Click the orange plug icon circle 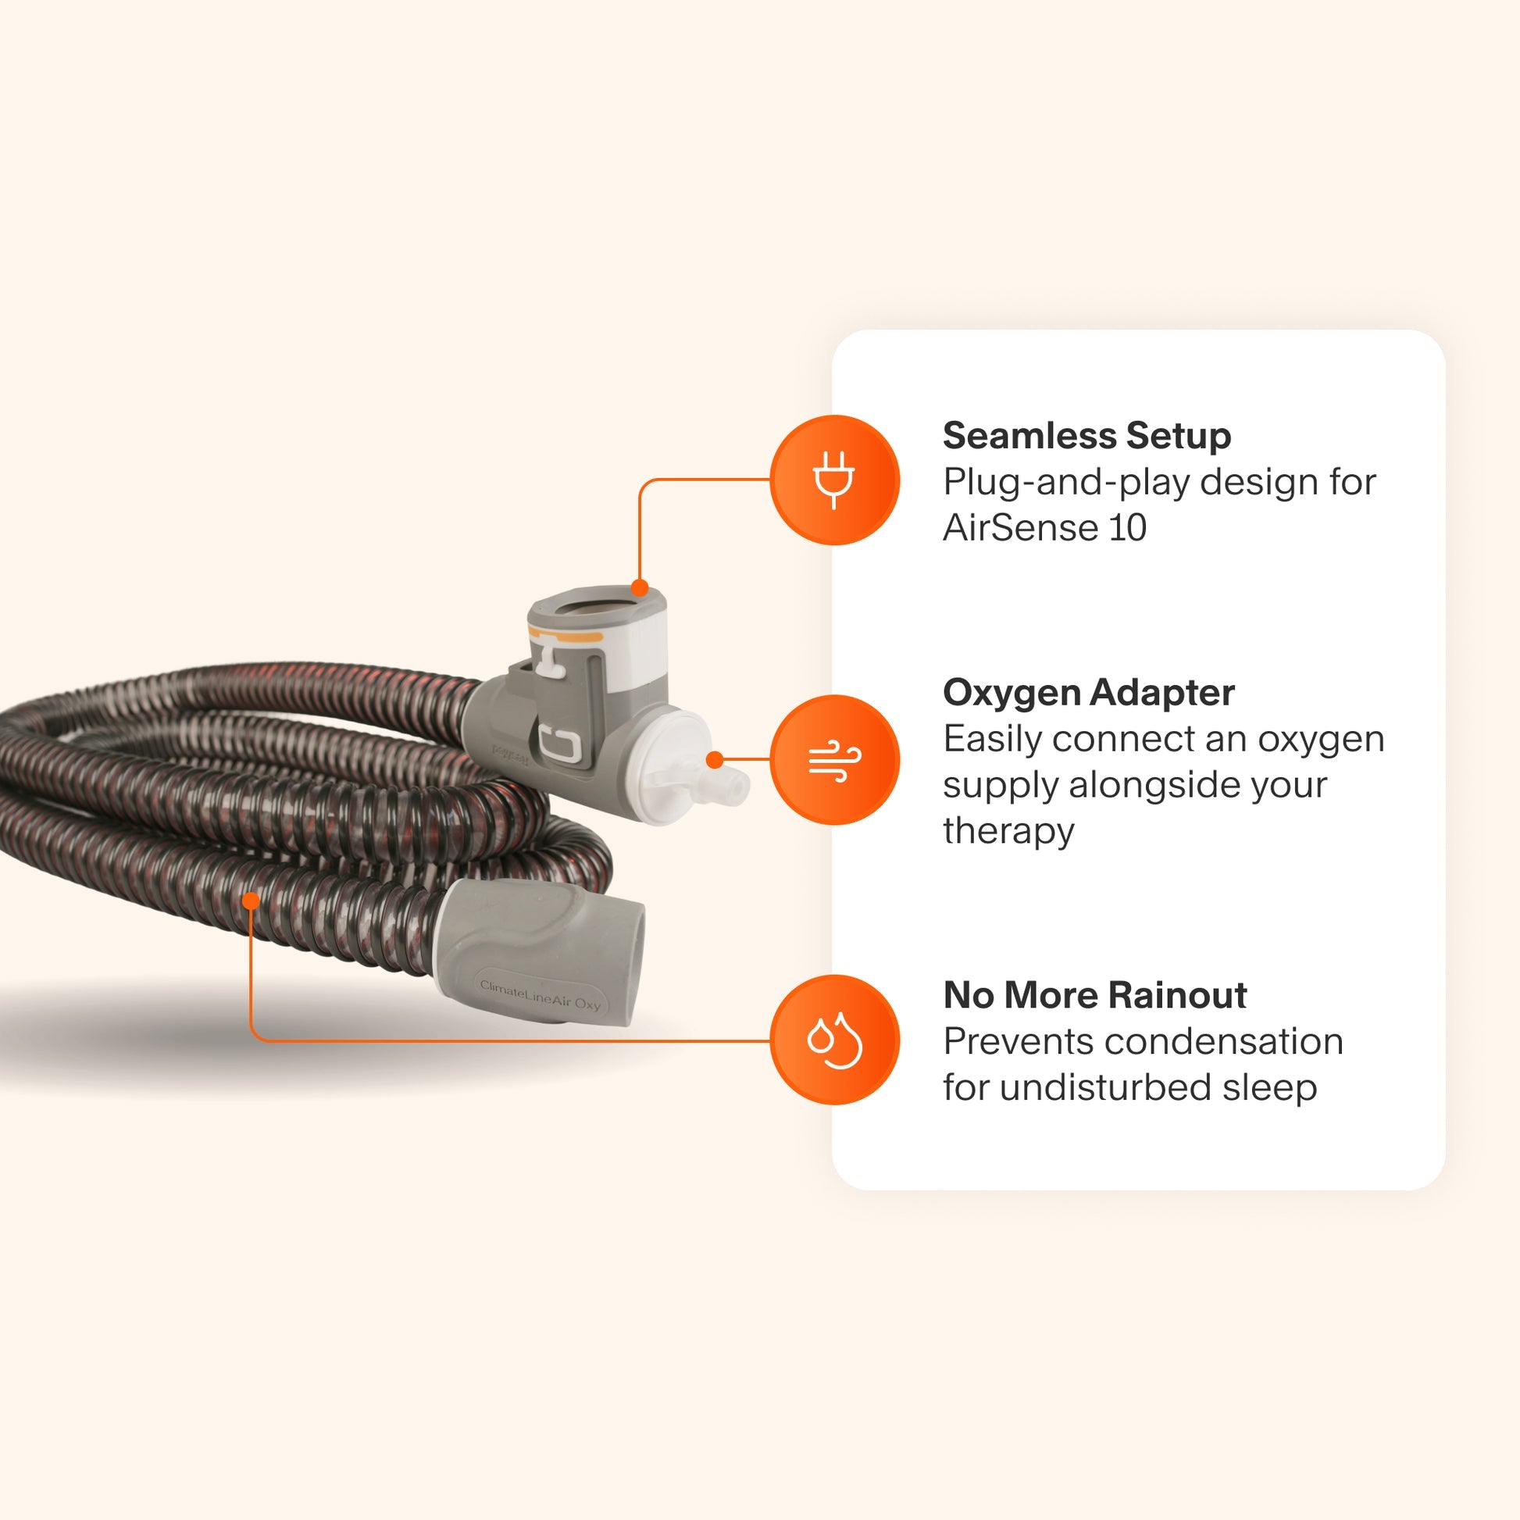pyautogui.click(x=834, y=480)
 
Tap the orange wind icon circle pyautogui.click(x=834, y=760)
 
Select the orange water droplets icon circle pyautogui.click(x=834, y=1040)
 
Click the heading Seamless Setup pyautogui.click(x=1086, y=437)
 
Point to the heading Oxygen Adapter pyautogui.click(x=1088, y=693)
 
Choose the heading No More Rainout pyautogui.click(x=1094, y=995)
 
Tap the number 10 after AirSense pyautogui.click(x=1127, y=527)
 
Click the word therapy pyautogui.click(x=1008, y=831)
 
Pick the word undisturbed pyautogui.click(x=1104, y=1087)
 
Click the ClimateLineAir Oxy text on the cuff pyautogui.click(x=540, y=997)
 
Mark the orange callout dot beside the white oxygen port pyautogui.click(x=715, y=760)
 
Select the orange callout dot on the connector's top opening pyautogui.click(x=640, y=587)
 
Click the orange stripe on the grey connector pyautogui.click(x=564, y=635)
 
